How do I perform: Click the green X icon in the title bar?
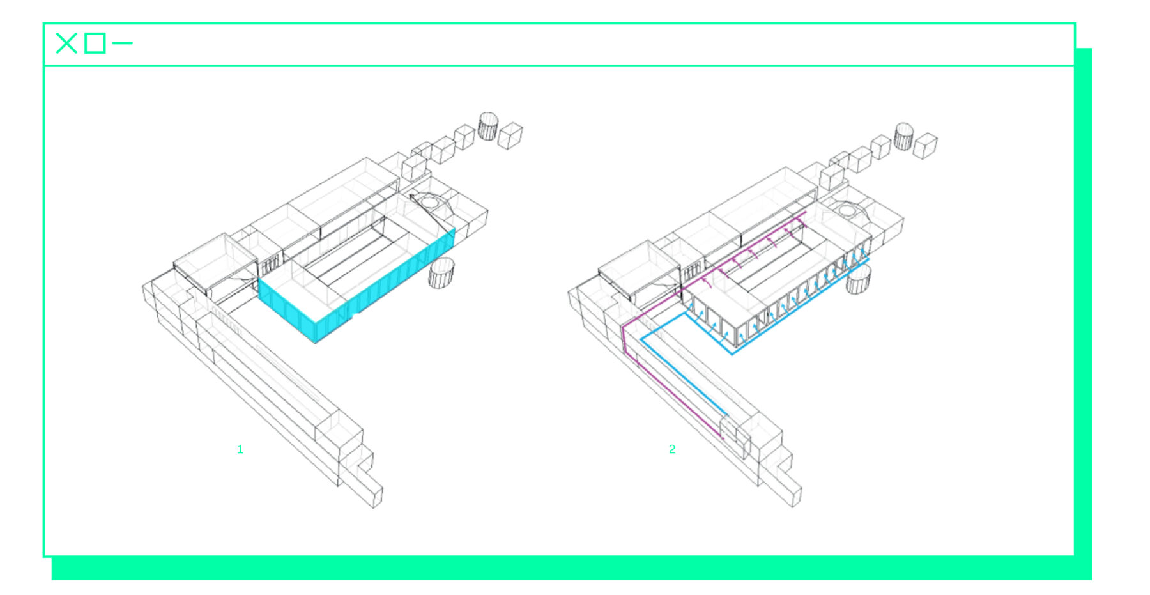click(66, 43)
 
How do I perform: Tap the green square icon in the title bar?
click(95, 43)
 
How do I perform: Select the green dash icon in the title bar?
click(123, 43)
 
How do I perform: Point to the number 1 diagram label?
click(240, 449)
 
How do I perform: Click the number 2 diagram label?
click(672, 449)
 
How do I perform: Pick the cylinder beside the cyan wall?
click(441, 273)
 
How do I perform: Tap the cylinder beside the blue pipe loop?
click(859, 279)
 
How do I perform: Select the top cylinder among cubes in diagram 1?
click(488, 126)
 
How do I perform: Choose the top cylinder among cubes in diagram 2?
click(903, 136)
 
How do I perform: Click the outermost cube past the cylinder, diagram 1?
click(510, 135)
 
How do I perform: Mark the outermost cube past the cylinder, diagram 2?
click(925, 146)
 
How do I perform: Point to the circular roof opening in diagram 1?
click(431, 203)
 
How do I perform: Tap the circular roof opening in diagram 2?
click(847, 210)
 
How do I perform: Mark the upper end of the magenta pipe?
click(805, 212)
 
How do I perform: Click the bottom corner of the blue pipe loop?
click(732, 353)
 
